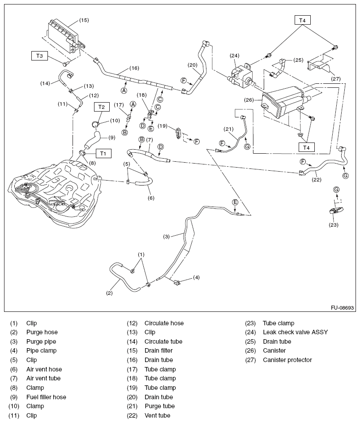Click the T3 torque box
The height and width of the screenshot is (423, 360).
pyautogui.click(x=39, y=56)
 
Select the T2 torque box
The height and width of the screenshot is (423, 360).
pyautogui.click(x=101, y=107)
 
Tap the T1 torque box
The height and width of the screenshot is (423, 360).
pyautogui.click(x=103, y=153)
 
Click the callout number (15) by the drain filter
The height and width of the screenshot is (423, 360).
pyautogui.click(x=84, y=20)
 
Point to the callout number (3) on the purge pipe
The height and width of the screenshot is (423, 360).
pyautogui.click(x=166, y=236)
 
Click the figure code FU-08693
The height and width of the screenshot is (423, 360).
pyautogui.click(x=343, y=308)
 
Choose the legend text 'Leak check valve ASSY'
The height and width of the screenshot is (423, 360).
pyautogui.click(x=295, y=332)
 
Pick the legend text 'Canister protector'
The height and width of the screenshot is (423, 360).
pyautogui.click(x=287, y=360)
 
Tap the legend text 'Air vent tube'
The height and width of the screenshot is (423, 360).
pyautogui.click(x=43, y=378)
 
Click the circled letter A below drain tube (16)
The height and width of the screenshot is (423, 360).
pyautogui.click(x=124, y=90)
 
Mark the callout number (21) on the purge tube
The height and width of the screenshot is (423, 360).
pyautogui.click(x=229, y=129)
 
